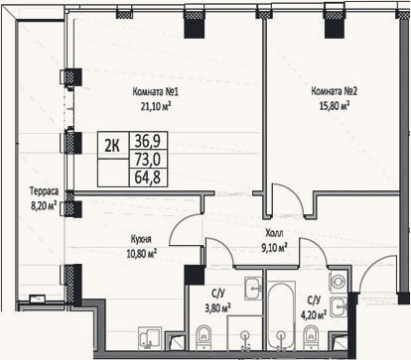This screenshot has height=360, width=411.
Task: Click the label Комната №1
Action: coord(155,91)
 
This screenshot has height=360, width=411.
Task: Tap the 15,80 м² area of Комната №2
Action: coord(335,106)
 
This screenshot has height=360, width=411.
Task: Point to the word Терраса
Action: coord(44,191)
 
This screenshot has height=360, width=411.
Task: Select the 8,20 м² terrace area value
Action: coord(44,205)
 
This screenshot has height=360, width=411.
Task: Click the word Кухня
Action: coord(141,239)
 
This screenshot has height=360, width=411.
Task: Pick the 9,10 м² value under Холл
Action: coord(274,248)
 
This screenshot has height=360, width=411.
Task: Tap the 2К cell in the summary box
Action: coord(112,145)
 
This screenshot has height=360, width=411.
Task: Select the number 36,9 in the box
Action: coord(148,141)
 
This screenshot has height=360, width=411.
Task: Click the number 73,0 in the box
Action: coord(148,160)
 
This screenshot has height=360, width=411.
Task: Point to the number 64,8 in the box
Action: coord(148,178)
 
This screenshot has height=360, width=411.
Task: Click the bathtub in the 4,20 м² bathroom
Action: coord(281,315)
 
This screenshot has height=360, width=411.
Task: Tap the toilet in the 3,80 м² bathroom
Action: coord(204,337)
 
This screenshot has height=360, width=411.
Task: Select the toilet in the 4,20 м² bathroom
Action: coord(311,337)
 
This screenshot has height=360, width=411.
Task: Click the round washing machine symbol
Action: coord(338,282)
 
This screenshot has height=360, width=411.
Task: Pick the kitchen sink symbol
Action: coord(150,338)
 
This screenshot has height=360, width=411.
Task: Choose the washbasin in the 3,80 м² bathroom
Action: coord(253,289)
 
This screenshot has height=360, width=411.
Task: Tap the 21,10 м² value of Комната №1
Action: coord(156,106)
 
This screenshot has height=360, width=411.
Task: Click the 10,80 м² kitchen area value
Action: coord(141,254)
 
